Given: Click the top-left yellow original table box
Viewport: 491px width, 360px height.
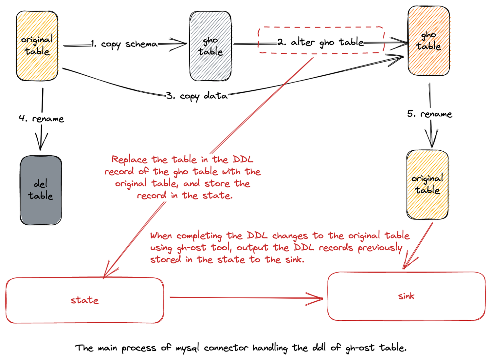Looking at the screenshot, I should click(37, 46).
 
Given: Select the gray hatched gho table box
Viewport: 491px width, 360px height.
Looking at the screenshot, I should click(210, 46).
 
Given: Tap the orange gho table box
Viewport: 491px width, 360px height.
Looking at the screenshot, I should click(428, 41).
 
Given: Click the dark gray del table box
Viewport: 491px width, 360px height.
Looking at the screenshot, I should click(41, 190).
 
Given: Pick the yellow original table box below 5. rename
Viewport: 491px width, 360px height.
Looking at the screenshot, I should click(427, 184).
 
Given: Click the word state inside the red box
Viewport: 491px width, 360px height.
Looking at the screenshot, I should click(84, 300).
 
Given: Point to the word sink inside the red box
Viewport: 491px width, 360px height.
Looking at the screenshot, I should click(406, 296).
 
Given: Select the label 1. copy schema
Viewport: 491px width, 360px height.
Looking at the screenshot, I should click(124, 44).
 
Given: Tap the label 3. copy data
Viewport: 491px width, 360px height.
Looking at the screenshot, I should click(197, 96).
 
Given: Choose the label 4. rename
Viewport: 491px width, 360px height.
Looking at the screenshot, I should click(41, 119).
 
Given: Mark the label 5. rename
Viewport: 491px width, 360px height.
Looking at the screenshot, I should click(430, 114).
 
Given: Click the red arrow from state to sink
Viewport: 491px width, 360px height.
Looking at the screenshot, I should click(245, 297).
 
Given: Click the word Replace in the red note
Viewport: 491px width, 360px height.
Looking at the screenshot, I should click(129, 160).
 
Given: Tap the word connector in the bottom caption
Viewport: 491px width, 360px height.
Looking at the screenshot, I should click(226, 348).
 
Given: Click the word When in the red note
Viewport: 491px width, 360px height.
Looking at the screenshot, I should click(161, 236).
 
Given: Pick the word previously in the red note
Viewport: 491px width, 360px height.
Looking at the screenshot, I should click(380, 248).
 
